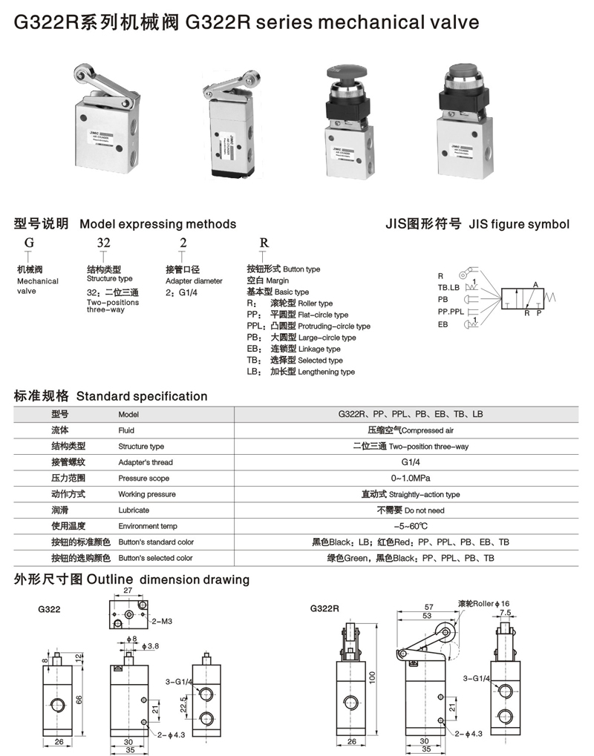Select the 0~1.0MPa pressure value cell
(410, 479)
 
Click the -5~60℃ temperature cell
(410, 526)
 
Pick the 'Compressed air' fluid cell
(410, 430)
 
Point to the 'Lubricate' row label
(134, 510)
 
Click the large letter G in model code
(29, 243)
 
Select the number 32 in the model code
(103, 243)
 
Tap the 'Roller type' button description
(301, 303)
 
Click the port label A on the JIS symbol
(535, 284)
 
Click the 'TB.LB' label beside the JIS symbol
(448, 288)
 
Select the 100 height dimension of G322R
(372, 677)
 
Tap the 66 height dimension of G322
(79, 700)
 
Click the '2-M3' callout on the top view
(162, 622)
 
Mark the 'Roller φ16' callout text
(483, 604)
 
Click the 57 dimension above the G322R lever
(429, 607)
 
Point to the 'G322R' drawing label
(324, 608)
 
